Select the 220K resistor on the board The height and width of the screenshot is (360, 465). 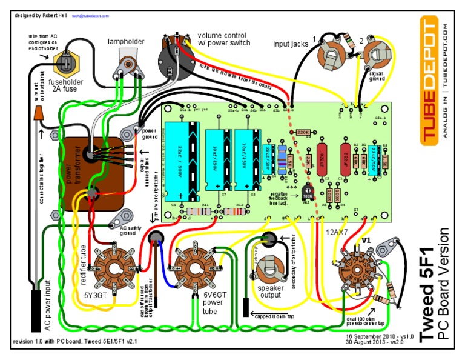tap(304, 132)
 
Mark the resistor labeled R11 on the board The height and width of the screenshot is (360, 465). tap(206, 212)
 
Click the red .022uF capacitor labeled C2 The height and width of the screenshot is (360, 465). tap(321, 159)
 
